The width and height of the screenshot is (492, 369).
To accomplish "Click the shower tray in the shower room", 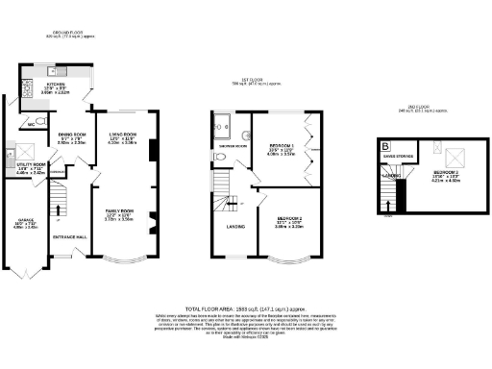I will [223, 122].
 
